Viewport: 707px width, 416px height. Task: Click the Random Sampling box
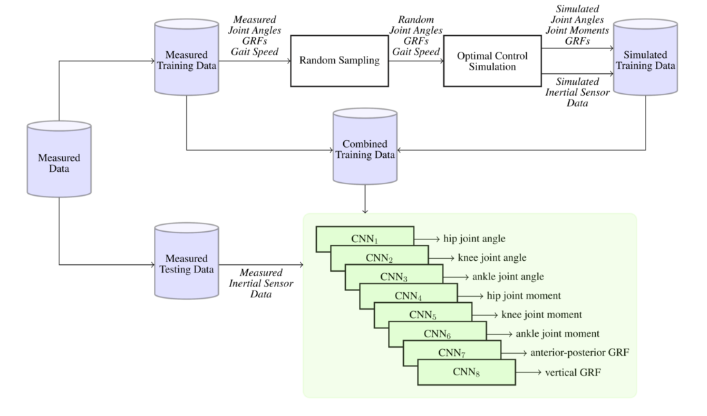(x=339, y=61)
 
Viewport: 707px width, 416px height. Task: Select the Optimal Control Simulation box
(x=492, y=61)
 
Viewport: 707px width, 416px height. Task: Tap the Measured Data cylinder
(x=59, y=160)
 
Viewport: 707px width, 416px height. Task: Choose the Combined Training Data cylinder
(x=364, y=148)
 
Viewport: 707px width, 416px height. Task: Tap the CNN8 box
(x=467, y=372)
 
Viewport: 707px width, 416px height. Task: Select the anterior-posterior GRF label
(x=580, y=353)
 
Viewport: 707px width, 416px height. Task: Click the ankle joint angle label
(x=508, y=277)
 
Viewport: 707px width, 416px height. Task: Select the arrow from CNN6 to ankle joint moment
(x=500, y=334)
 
